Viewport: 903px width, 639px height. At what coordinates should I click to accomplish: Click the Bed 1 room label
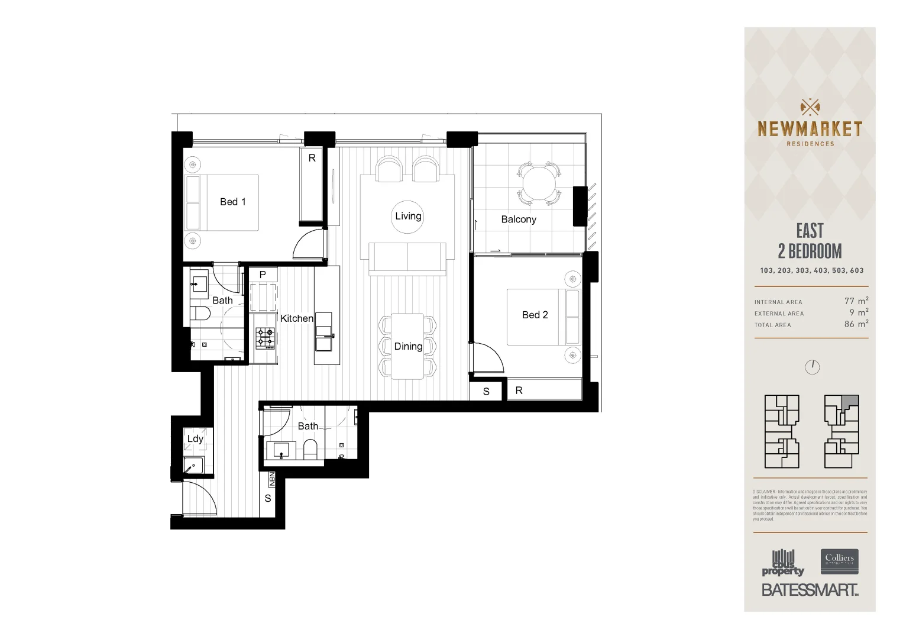click(x=232, y=202)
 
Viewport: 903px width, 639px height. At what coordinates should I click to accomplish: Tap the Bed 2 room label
click(x=535, y=315)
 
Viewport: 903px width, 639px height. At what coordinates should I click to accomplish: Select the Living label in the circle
click(x=408, y=216)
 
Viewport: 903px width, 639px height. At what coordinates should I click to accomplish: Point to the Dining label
click(x=408, y=346)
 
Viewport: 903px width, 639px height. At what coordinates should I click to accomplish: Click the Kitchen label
click(x=296, y=318)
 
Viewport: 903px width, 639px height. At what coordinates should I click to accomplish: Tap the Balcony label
click(x=519, y=219)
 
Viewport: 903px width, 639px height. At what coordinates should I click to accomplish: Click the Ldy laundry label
click(x=195, y=438)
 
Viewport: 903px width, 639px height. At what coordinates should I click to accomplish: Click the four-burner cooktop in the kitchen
click(x=265, y=337)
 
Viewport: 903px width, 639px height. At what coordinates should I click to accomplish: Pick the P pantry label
click(x=263, y=275)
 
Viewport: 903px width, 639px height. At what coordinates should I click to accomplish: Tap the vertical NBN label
click(x=271, y=479)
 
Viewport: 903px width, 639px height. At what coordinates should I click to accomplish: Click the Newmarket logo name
click(x=810, y=129)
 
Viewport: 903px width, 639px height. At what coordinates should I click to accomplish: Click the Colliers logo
click(x=839, y=561)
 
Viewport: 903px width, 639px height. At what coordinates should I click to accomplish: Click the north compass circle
click(x=813, y=367)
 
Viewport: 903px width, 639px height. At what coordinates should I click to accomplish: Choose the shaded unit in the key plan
click(x=850, y=401)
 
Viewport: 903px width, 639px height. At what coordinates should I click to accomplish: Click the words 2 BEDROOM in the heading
click(x=810, y=251)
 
